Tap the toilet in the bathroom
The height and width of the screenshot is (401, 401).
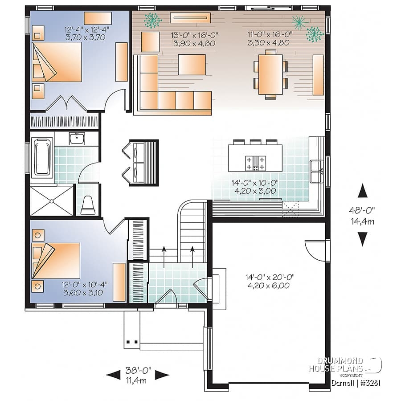coord(88,205)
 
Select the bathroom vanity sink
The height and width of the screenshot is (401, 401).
coord(77,139)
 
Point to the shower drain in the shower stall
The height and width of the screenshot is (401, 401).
coord(52,201)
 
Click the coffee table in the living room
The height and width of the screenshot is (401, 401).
coord(192,65)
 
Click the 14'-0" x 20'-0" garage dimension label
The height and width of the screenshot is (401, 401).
coord(270,281)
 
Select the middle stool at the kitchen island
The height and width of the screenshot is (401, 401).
coord(255,142)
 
